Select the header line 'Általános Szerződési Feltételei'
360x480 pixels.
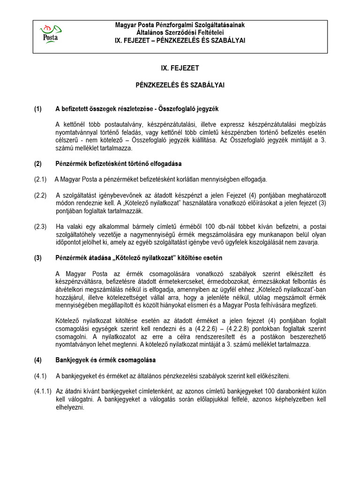(180, 32)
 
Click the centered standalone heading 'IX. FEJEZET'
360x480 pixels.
(180, 68)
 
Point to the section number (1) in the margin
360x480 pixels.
(38, 109)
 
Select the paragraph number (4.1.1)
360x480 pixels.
(42, 391)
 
